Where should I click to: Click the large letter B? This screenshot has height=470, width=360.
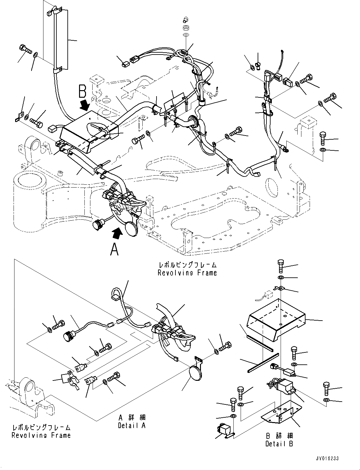(82, 91)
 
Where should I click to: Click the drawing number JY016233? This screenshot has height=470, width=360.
(326, 458)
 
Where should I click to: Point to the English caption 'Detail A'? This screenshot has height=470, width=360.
(132, 425)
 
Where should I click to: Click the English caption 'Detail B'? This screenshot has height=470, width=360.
(279, 444)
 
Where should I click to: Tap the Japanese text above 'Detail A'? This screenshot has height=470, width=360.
(132, 418)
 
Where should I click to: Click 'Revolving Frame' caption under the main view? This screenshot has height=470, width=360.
(187, 273)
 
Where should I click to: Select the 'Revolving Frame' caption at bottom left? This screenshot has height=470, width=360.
(41, 435)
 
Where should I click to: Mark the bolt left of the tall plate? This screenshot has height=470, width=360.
(26, 49)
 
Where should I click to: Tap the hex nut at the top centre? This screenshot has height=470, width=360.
(186, 28)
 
